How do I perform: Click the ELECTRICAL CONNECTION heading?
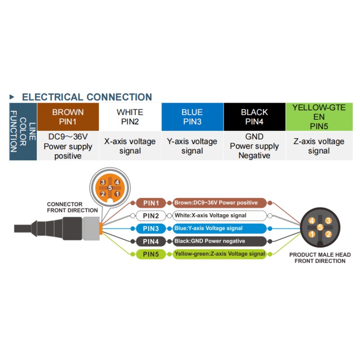click(87, 97)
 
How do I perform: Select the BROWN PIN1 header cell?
click(68, 117)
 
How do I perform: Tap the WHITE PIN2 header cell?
click(130, 117)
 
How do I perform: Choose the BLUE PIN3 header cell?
click(193, 117)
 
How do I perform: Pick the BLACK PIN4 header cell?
click(254, 117)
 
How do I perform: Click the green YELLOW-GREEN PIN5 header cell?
click(319, 117)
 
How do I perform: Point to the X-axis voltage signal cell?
click(130, 146)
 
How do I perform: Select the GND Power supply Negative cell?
click(254, 146)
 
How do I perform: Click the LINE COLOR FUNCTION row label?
click(23, 131)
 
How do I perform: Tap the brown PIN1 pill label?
click(151, 203)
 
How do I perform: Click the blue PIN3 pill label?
click(151, 229)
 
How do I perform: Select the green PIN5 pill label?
click(151, 254)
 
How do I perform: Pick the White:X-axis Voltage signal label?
click(220, 216)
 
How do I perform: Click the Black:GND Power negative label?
click(220, 241)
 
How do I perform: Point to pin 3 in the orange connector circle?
click(103, 182)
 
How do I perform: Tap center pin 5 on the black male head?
click(320, 227)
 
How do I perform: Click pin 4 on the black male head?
click(312, 221)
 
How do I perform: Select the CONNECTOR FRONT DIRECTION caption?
click(72, 207)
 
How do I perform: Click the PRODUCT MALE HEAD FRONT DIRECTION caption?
click(320, 258)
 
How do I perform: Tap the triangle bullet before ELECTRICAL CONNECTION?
click(12, 97)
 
